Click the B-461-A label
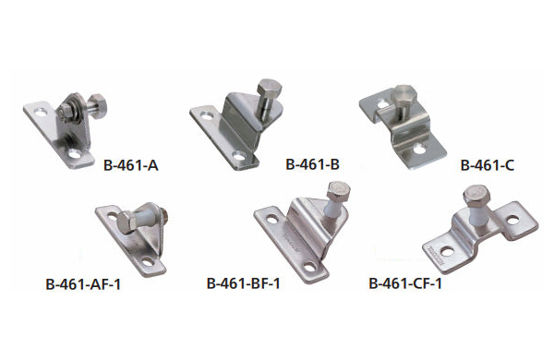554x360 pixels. point(131,165)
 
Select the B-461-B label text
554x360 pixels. point(312,164)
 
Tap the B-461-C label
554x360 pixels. point(488,165)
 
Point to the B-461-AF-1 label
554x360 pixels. point(83,284)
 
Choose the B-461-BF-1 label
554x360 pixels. point(244,283)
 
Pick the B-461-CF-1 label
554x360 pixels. point(405,283)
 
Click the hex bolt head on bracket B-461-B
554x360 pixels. point(270,88)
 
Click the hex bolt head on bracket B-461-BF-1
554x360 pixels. point(339,191)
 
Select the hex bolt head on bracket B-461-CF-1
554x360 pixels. point(476,196)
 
